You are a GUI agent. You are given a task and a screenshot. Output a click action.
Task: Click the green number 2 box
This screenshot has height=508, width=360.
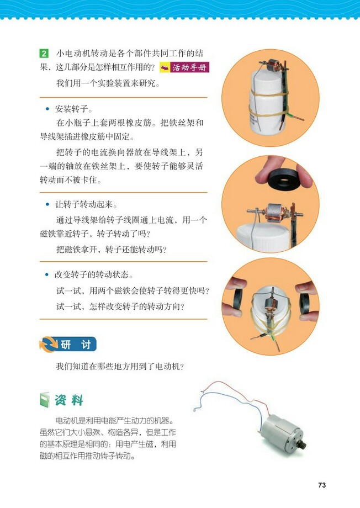coord(44,54)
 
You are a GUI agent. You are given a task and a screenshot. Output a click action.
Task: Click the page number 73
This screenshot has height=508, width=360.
coord(322,485)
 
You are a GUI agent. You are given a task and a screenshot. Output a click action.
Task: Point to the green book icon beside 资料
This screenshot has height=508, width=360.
coord(46,400)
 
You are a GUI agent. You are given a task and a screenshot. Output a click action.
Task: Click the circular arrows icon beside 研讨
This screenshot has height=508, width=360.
coord(47,345)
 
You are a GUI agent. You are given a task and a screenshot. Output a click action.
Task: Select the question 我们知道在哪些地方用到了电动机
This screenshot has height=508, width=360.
coord(119,366)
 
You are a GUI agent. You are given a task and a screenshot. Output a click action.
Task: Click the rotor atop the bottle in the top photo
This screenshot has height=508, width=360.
coord(272,66)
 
